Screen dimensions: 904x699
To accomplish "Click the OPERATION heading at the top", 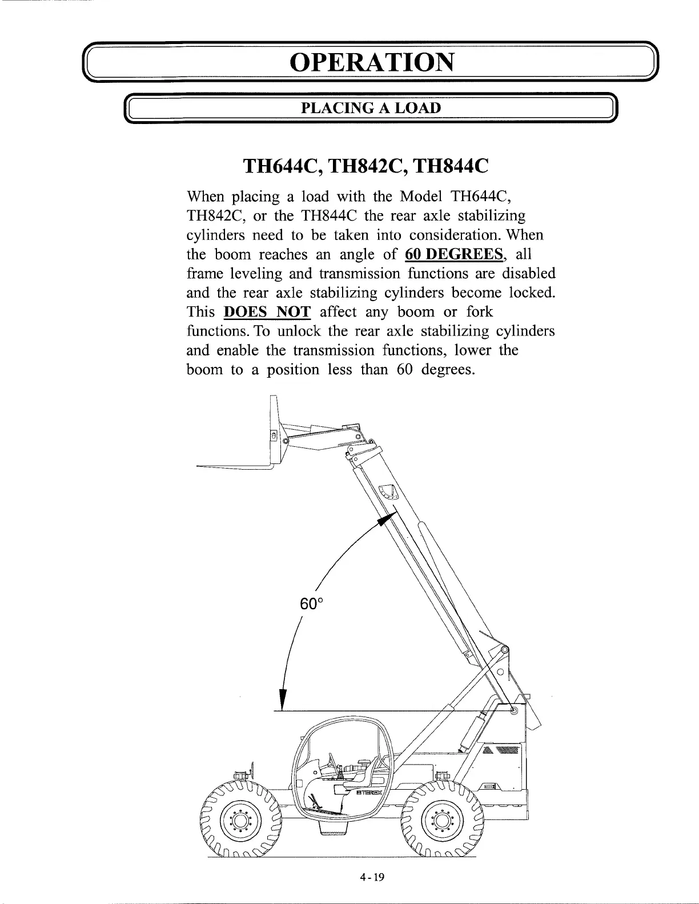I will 372,62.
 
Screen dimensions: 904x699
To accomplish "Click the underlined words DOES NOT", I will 268,312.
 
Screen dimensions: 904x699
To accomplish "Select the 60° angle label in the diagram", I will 311,603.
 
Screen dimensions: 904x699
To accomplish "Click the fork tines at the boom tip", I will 234,467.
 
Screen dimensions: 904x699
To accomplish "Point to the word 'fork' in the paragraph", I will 480,312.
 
